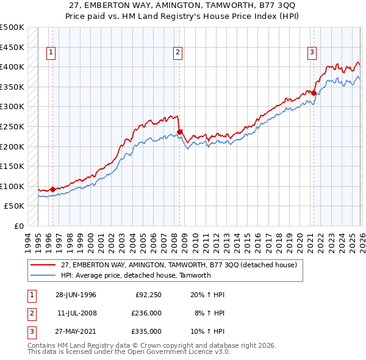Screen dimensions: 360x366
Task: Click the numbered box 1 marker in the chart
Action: [x=50, y=53]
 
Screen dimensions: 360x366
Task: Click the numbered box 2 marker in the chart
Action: [x=178, y=53]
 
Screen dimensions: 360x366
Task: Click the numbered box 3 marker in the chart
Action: [x=312, y=53]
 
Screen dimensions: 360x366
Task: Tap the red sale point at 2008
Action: [x=180, y=132]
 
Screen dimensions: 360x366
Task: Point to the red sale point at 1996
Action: [x=52, y=189]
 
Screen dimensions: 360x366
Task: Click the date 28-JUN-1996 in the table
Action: [x=76, y=295]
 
